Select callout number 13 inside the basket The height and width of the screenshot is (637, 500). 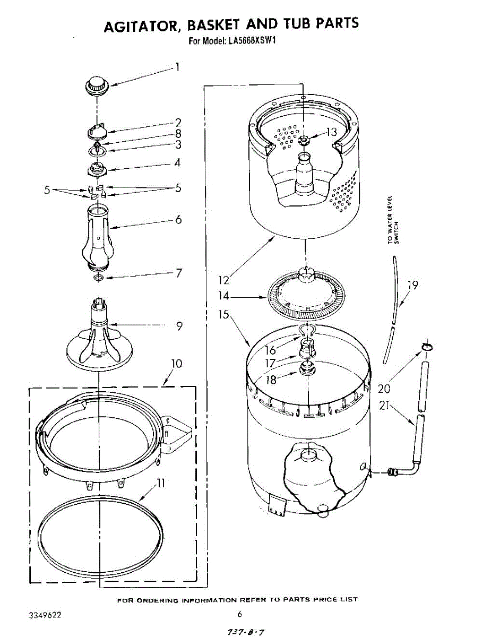point(331,132)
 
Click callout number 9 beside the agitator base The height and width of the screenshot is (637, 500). point(179,326)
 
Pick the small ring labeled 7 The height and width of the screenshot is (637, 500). point(98,278)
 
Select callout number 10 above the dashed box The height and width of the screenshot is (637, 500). point(176,364)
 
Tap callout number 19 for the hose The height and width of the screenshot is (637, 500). point(412,286)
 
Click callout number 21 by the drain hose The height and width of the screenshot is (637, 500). point(385,407)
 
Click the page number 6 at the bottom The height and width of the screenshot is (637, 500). point(240,614)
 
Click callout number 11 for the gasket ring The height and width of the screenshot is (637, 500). point(160,484)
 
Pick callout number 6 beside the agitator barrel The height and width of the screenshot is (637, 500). point(178,219)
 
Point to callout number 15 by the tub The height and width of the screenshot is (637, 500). point(223,315)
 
